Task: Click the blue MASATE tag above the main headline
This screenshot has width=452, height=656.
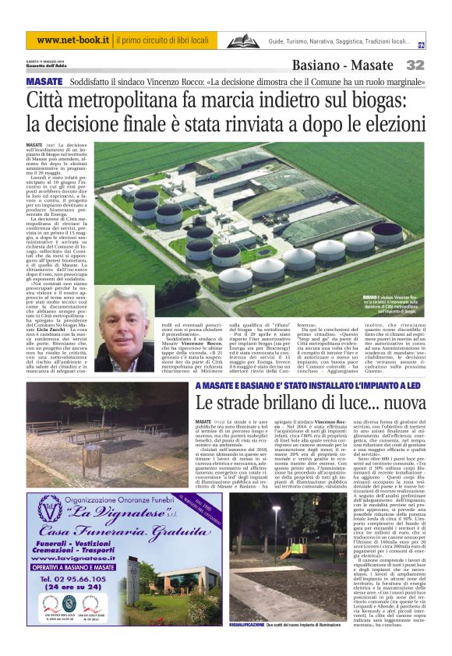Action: point(44,82)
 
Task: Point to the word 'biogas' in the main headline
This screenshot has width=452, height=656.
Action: point(376,101)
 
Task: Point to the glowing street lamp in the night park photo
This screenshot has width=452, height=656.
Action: point(275,510)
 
